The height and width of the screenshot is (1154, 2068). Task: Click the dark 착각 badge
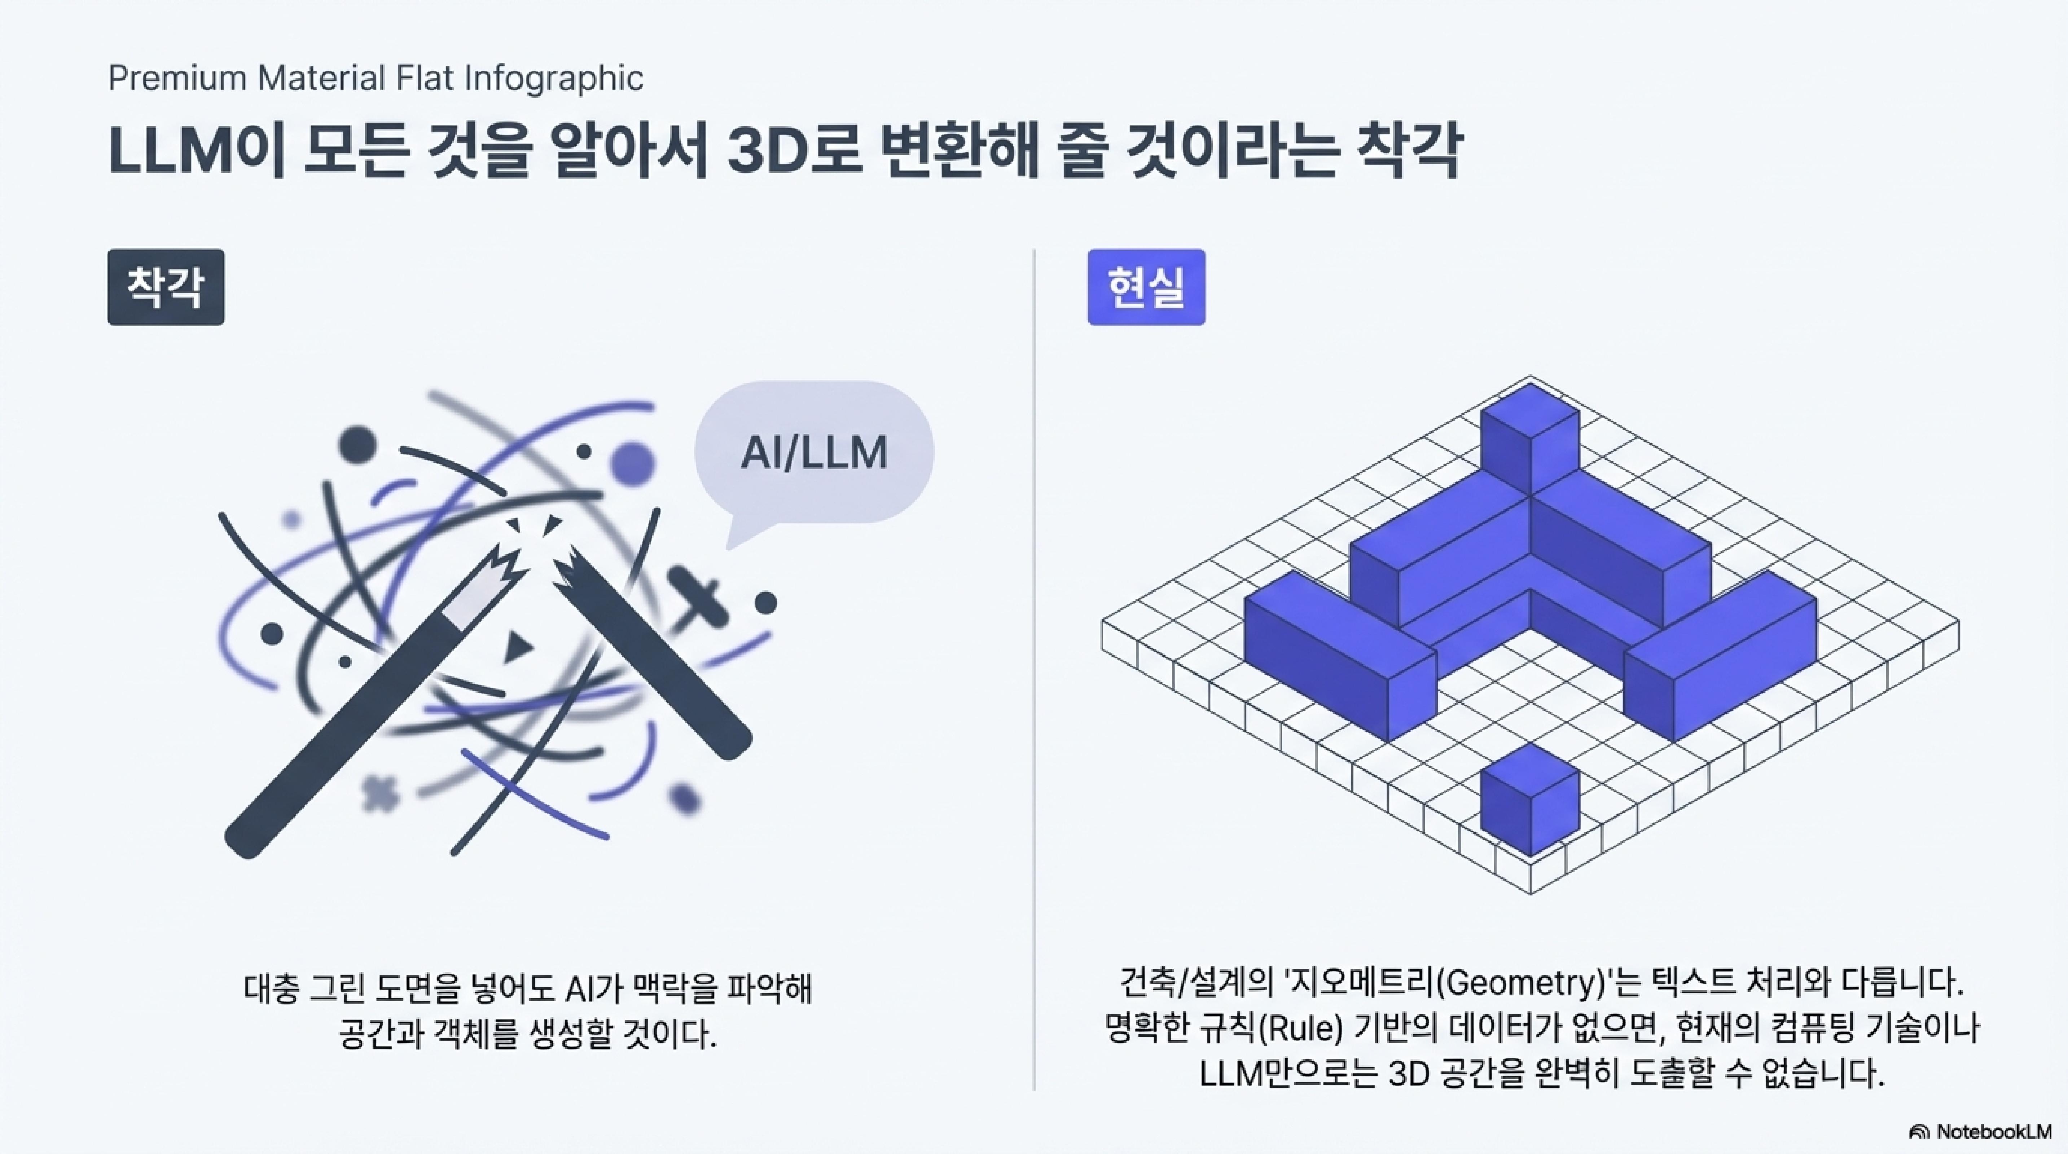[x=165, y=286]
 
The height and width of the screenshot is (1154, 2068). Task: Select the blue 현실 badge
[x=1146, y=286]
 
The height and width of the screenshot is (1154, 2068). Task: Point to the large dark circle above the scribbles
[x=357, y=444]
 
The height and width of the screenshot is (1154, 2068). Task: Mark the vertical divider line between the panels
[x=1034, y=666]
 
